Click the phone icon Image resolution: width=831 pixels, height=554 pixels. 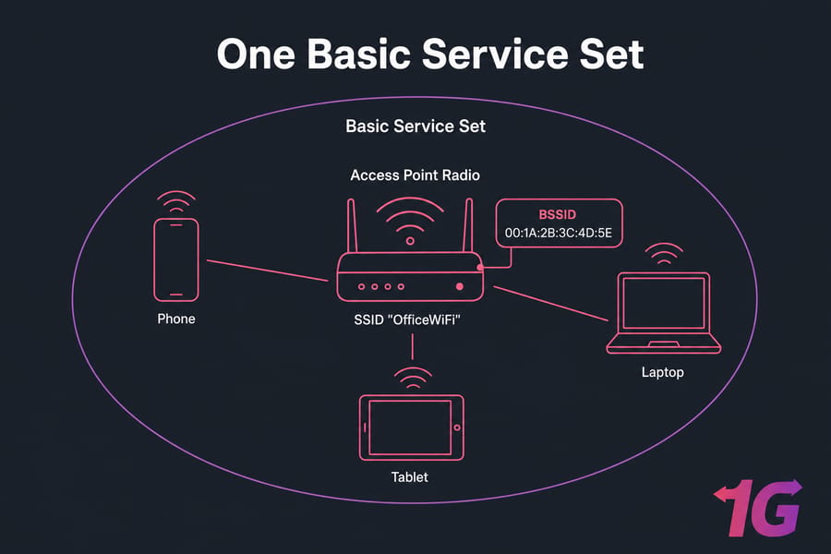pos(176,259)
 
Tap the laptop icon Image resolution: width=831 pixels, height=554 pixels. pos(664,313)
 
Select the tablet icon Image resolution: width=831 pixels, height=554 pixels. pos(411,428)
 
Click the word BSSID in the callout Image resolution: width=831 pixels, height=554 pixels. pos(557,215)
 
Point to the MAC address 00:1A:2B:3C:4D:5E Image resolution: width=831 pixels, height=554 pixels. pos(558,233)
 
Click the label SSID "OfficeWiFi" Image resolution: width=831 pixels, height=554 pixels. pos(407,319)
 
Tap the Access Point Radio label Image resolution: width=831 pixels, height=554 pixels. pos(415,175)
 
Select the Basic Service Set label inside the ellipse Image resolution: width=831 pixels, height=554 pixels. pos(415,126)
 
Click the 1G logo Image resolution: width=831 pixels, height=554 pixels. pos(758,507)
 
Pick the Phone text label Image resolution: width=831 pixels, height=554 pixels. pos(176,319)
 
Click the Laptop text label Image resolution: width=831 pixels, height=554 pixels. pos(662,372)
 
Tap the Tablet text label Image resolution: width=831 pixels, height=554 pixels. pos(409,477)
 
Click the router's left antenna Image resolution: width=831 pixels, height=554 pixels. pos(352,226)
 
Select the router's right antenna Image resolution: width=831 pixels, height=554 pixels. pos(468,226)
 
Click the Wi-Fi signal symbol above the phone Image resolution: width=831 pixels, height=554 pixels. pos(176,202)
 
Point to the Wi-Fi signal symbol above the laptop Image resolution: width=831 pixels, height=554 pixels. pos(664,253)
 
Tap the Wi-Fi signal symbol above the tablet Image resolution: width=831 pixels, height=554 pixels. pos(413,377)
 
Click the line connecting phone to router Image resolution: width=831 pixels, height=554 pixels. pos(268,271)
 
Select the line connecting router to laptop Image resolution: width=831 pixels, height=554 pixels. pos(551,304)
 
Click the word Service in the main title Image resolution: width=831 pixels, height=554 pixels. pos(495,54)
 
